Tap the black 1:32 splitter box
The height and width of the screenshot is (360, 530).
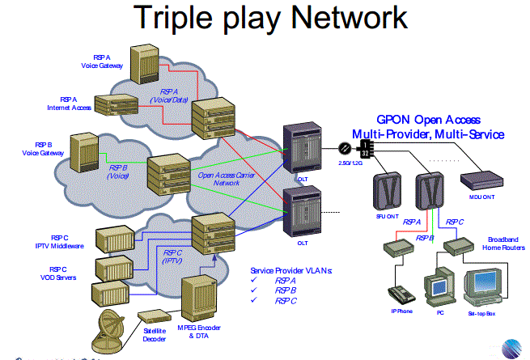click(x=365, y=149)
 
